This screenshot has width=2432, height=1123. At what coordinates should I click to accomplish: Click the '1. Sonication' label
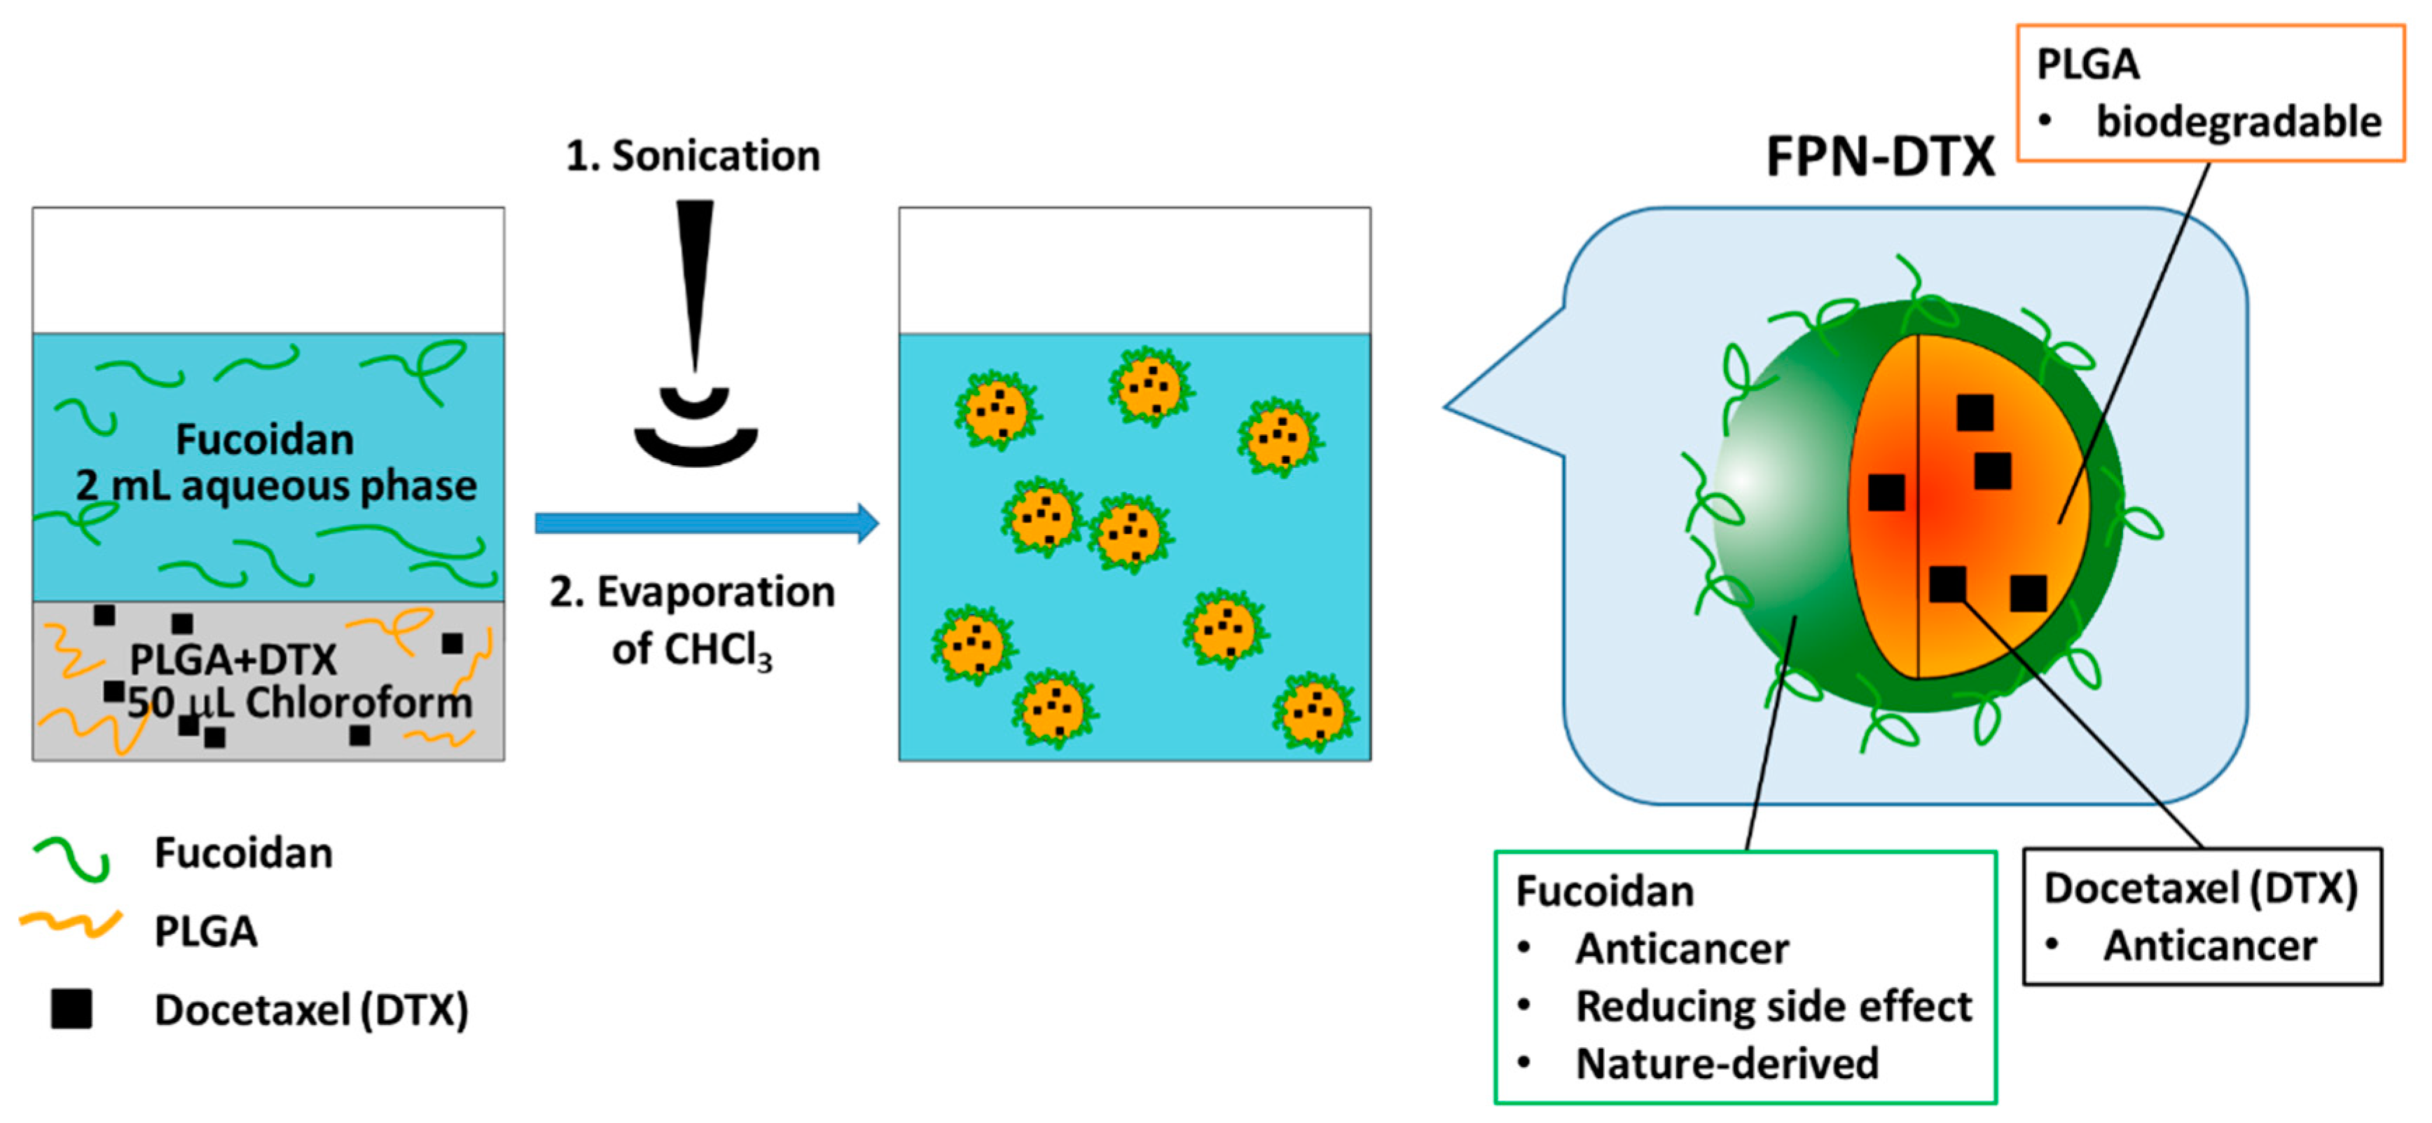(x=692, y=156)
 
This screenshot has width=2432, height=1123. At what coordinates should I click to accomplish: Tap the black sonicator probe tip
(x=695, y=283)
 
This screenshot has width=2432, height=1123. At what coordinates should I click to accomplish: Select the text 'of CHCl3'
(x=691, y=650)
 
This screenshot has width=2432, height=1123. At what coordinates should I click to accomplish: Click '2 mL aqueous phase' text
(x=276, y=485)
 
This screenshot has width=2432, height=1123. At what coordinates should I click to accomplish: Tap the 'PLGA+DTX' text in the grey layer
(x=233, y=659)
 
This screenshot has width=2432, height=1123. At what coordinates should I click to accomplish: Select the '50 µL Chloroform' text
(x=299, y=703)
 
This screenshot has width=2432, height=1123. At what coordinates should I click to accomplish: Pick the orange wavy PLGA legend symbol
(x=71, y=925)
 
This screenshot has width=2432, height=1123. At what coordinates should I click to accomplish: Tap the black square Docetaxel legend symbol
(x=71, y=1009)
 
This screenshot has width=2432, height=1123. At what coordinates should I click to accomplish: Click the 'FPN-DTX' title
(x=1880, y=157)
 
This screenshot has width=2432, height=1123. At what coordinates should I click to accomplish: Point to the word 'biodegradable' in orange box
(x=2237, y=122)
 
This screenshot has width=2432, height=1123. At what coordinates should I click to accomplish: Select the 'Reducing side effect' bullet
(x=1773, y=1006)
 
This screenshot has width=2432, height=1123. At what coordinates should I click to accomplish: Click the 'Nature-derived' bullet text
(x=1727, y=1063)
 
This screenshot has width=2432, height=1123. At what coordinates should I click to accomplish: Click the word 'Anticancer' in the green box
(x=1681, y=949)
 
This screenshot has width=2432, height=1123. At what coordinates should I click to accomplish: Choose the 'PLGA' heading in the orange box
(x=2087, y=64)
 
